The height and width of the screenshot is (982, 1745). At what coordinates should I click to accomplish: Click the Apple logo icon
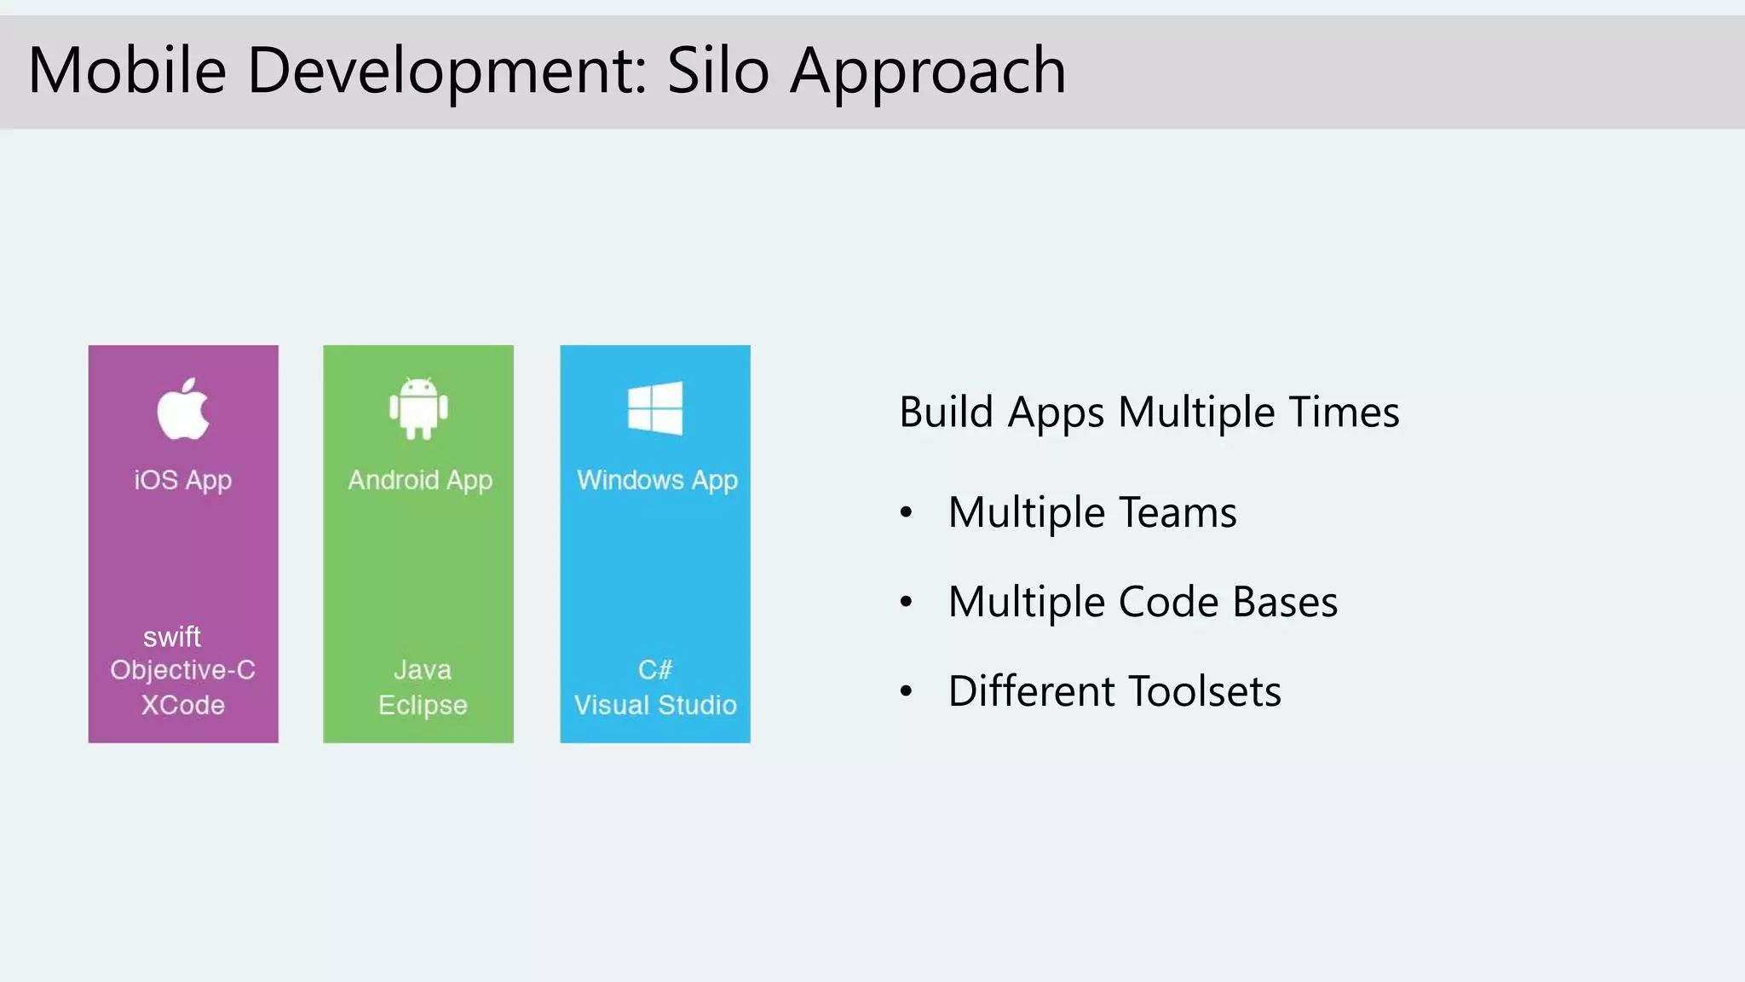pos(183,409)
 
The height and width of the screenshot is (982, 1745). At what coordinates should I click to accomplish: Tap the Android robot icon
pos(418,408)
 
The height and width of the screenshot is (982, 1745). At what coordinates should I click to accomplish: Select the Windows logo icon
pos(654,408)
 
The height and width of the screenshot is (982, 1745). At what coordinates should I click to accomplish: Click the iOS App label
pos(183,481)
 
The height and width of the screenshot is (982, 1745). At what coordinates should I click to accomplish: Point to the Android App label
pos(420,481)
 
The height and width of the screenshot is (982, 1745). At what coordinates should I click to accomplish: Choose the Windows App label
pos(657,481)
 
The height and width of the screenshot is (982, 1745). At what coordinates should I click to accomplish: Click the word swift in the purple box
pos(172,637)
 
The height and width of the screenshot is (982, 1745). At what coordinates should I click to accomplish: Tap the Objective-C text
pos(183,670)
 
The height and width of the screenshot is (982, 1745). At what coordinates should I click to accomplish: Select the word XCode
pos(183,705)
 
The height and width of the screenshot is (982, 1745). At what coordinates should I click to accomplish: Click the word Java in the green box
pos(423,670)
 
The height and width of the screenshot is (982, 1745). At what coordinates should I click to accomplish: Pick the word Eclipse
pos(423,706)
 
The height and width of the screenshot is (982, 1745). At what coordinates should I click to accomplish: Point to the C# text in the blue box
pos(655,670)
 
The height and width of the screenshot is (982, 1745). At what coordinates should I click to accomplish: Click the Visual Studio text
pos(655,705)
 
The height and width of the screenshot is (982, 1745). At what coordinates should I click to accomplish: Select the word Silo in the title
pos(717,70)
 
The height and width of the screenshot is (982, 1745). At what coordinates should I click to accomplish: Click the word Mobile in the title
pos(127,70)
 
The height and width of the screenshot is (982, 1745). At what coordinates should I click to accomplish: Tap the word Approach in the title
pos(928,72)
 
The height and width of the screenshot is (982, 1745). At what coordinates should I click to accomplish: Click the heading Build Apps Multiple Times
pos(1149,413)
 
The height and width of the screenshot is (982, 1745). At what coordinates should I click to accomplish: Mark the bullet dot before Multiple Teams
pos(906,512)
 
